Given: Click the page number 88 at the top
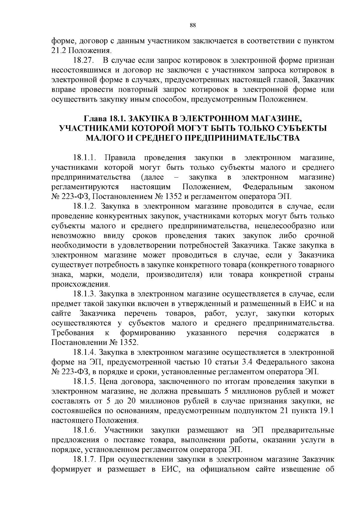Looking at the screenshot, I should (193, 25).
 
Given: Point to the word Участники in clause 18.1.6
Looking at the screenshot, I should (124, 430).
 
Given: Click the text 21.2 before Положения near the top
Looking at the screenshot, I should (58, 51).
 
